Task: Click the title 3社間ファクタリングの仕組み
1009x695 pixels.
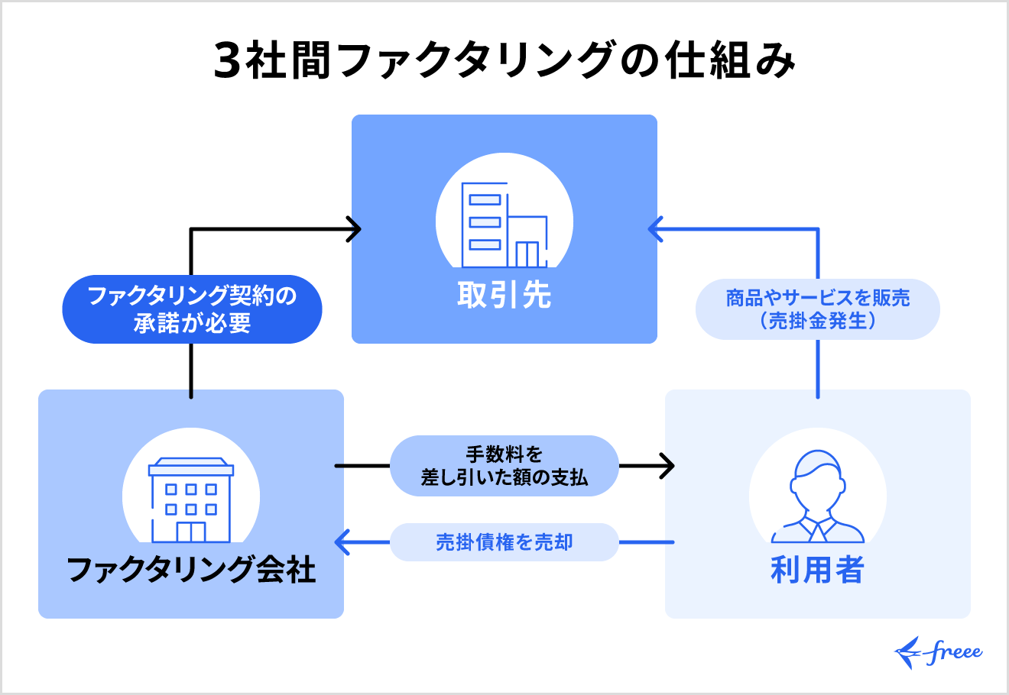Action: point(504,61)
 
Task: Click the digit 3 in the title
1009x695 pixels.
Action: point(227,61)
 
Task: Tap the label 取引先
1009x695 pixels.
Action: point(504,295)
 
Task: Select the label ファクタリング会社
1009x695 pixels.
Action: point(191,570)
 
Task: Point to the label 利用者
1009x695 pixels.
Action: point(817,570)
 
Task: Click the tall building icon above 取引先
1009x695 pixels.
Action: point(504,225)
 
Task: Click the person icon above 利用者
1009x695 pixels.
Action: point(817,496)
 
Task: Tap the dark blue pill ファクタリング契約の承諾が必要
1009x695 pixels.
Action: point(192,309)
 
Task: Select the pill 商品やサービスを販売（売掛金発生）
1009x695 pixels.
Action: point(817,309)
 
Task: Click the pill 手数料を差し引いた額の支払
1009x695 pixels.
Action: point(504,466)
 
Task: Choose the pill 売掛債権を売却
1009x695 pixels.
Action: point(504,542)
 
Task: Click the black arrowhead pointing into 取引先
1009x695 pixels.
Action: point(354,228)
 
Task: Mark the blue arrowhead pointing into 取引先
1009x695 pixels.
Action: point(654,228)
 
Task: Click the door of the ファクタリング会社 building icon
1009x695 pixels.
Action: point(191,531)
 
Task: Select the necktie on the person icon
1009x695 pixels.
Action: point(817,530)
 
